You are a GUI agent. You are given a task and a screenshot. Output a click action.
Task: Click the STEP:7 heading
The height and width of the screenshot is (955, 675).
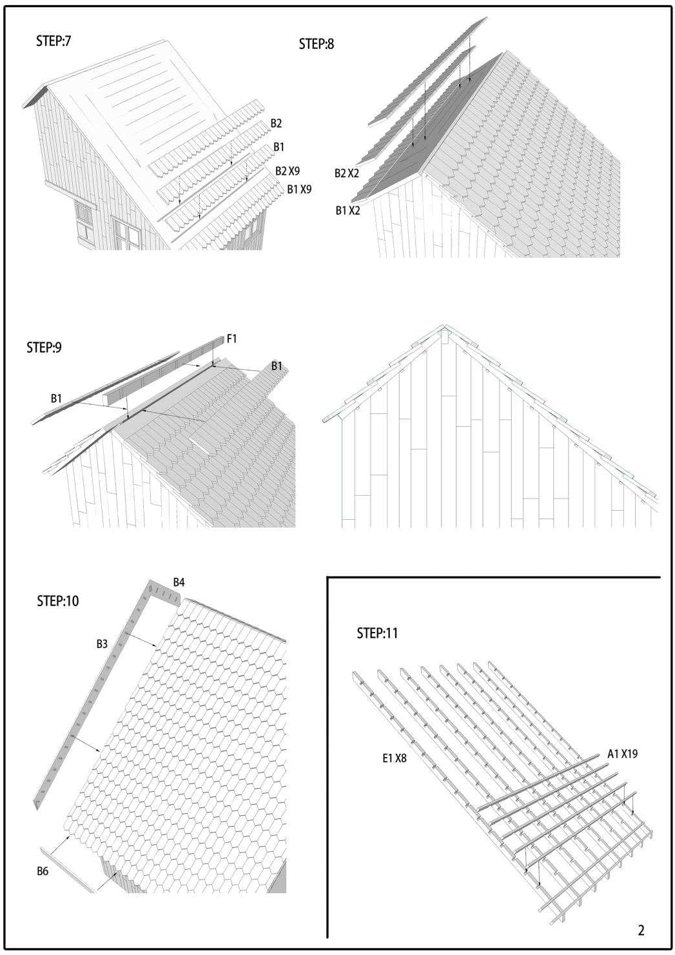coord(54,41)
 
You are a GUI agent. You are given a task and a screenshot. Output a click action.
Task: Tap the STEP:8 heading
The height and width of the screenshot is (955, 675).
coord(317,44)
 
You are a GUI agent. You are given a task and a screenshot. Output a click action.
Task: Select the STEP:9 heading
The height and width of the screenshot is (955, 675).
coord(44,348)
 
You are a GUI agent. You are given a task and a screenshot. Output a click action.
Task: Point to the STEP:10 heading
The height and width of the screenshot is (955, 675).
coord(58,601)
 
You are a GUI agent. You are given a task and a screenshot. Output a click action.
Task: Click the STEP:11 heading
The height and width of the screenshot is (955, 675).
coord(378,633)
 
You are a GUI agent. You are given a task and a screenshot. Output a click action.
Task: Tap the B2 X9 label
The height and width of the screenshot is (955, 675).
coord(288,171)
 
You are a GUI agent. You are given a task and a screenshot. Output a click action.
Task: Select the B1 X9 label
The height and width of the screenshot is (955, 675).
coord(299,190)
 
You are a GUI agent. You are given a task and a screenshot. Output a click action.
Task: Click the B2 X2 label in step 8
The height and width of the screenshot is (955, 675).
coord(347,173)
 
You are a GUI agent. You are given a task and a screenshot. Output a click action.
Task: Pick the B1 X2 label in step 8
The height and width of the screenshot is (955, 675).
coord(347,210)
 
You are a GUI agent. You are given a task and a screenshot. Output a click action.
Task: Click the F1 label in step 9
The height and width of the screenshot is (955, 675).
coord(232,339)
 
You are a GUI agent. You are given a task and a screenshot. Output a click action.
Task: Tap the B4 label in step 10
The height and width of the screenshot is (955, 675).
coord(179,582)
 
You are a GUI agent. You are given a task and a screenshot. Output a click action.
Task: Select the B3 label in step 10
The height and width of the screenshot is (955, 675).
coord(102,644)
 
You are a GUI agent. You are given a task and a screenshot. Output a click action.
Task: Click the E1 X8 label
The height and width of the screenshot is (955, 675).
coord(395,758)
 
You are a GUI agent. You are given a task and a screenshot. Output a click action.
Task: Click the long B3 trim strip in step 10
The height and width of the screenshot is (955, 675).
coord(92,695)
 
